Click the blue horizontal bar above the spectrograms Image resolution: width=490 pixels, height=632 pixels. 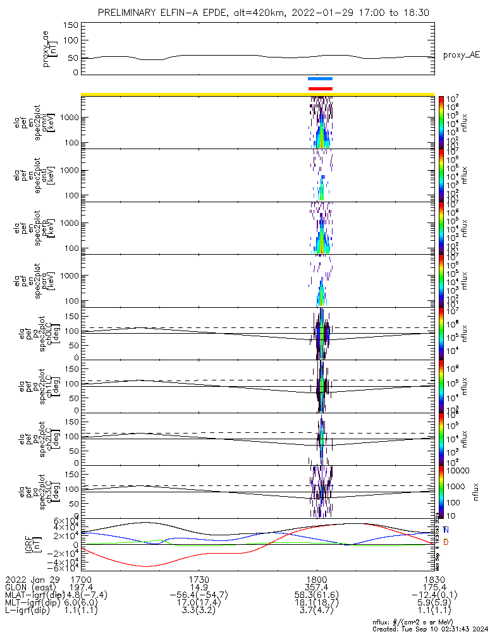[x=320, y=78]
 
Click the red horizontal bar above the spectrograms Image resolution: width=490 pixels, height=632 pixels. [x=320, y=88]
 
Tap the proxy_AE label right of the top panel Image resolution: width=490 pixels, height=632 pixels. [x=461, y=55]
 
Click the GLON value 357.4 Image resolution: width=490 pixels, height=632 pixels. [x=315, y=586]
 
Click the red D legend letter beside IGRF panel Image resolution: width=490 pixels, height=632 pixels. [x=446, y=542]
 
